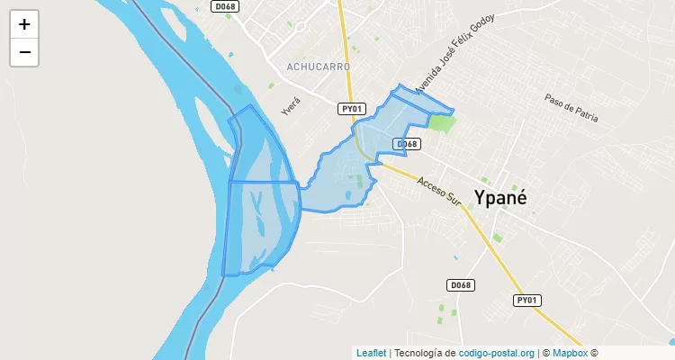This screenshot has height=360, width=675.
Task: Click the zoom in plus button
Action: click(24, 24)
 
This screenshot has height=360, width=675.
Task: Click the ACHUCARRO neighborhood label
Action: click(319, 67)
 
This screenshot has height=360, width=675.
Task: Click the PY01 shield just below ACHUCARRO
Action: click(352, 108)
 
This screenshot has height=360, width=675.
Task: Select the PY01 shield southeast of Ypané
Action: click(527, 300)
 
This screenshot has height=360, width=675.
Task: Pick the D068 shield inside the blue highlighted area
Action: click(407, 144)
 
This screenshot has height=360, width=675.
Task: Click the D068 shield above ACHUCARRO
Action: click(224, 6)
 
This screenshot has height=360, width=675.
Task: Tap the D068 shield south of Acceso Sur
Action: click(460, 285)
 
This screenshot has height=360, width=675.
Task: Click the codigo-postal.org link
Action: click(497, 353)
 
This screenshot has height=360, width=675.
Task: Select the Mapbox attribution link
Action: click(570, 353)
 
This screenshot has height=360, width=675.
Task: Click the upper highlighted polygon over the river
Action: click(263, 148)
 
